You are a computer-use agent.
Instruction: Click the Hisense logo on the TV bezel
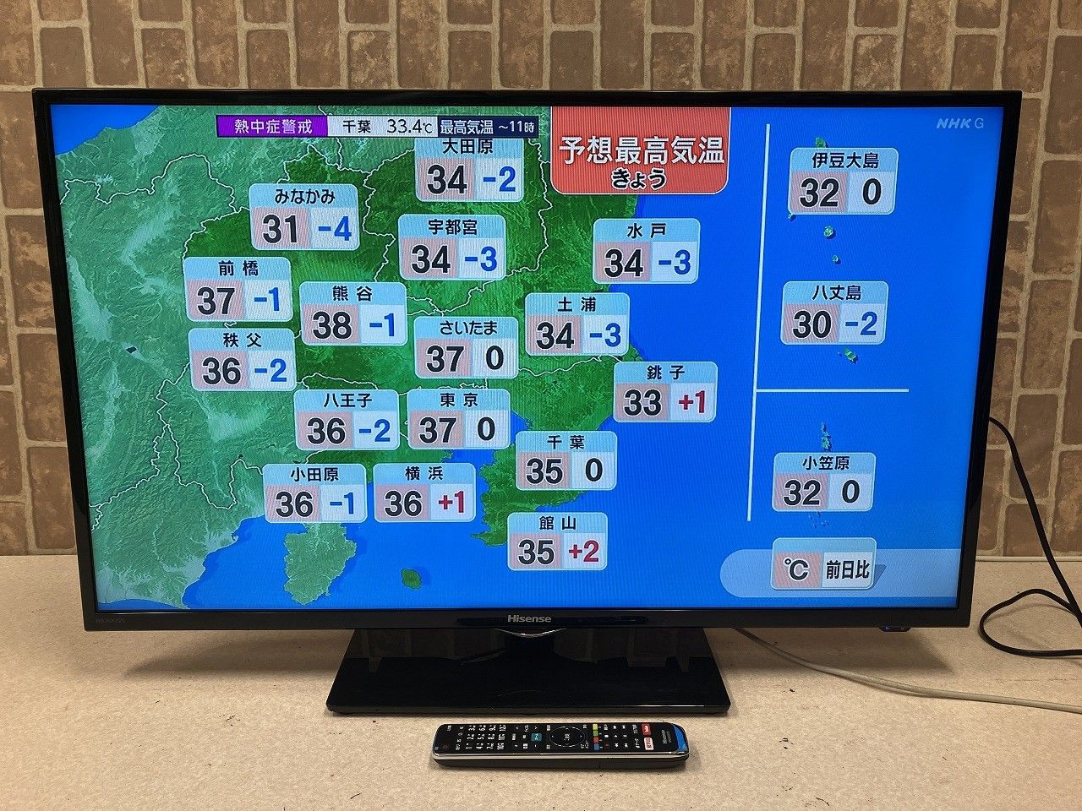528,619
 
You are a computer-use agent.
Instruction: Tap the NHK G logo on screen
959,123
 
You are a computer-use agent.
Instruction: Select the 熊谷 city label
352,294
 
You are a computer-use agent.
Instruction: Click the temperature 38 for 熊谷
331,325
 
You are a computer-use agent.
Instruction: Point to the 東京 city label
459,400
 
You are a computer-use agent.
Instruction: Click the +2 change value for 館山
582,552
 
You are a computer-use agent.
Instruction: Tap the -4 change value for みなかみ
333,228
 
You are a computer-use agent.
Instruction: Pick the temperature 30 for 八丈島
812,324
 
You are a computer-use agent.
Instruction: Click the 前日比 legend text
847,571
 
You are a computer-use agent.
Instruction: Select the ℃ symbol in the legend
795,571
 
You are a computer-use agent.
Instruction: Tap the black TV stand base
528,675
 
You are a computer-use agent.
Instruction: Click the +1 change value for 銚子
691,403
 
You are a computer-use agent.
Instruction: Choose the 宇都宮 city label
452,227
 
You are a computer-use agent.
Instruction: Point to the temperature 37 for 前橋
216,300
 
